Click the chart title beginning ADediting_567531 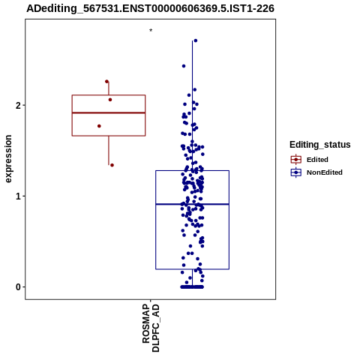pos(150,8)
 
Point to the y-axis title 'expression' pos(8,159)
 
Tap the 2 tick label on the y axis pos(18,106)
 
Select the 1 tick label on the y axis pos(18,196)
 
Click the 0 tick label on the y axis pos(18,287)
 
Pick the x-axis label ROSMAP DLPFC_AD pos(151,328)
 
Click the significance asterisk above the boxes pos(151,31)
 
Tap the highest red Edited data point pos(106,82)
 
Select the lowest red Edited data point pos(112,165)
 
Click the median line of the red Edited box pos(109,112)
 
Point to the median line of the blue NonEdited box pos(192,204)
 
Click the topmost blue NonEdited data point pos(196,40)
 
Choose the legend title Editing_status pos(320,145)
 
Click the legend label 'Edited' pos(317,160)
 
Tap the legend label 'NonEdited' pos(325,172)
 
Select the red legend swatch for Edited pos(296,160)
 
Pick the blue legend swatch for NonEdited pos(296,172)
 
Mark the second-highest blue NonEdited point pos(184,66)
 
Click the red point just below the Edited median pos(99,126)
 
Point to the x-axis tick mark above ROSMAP pos(150,300)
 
